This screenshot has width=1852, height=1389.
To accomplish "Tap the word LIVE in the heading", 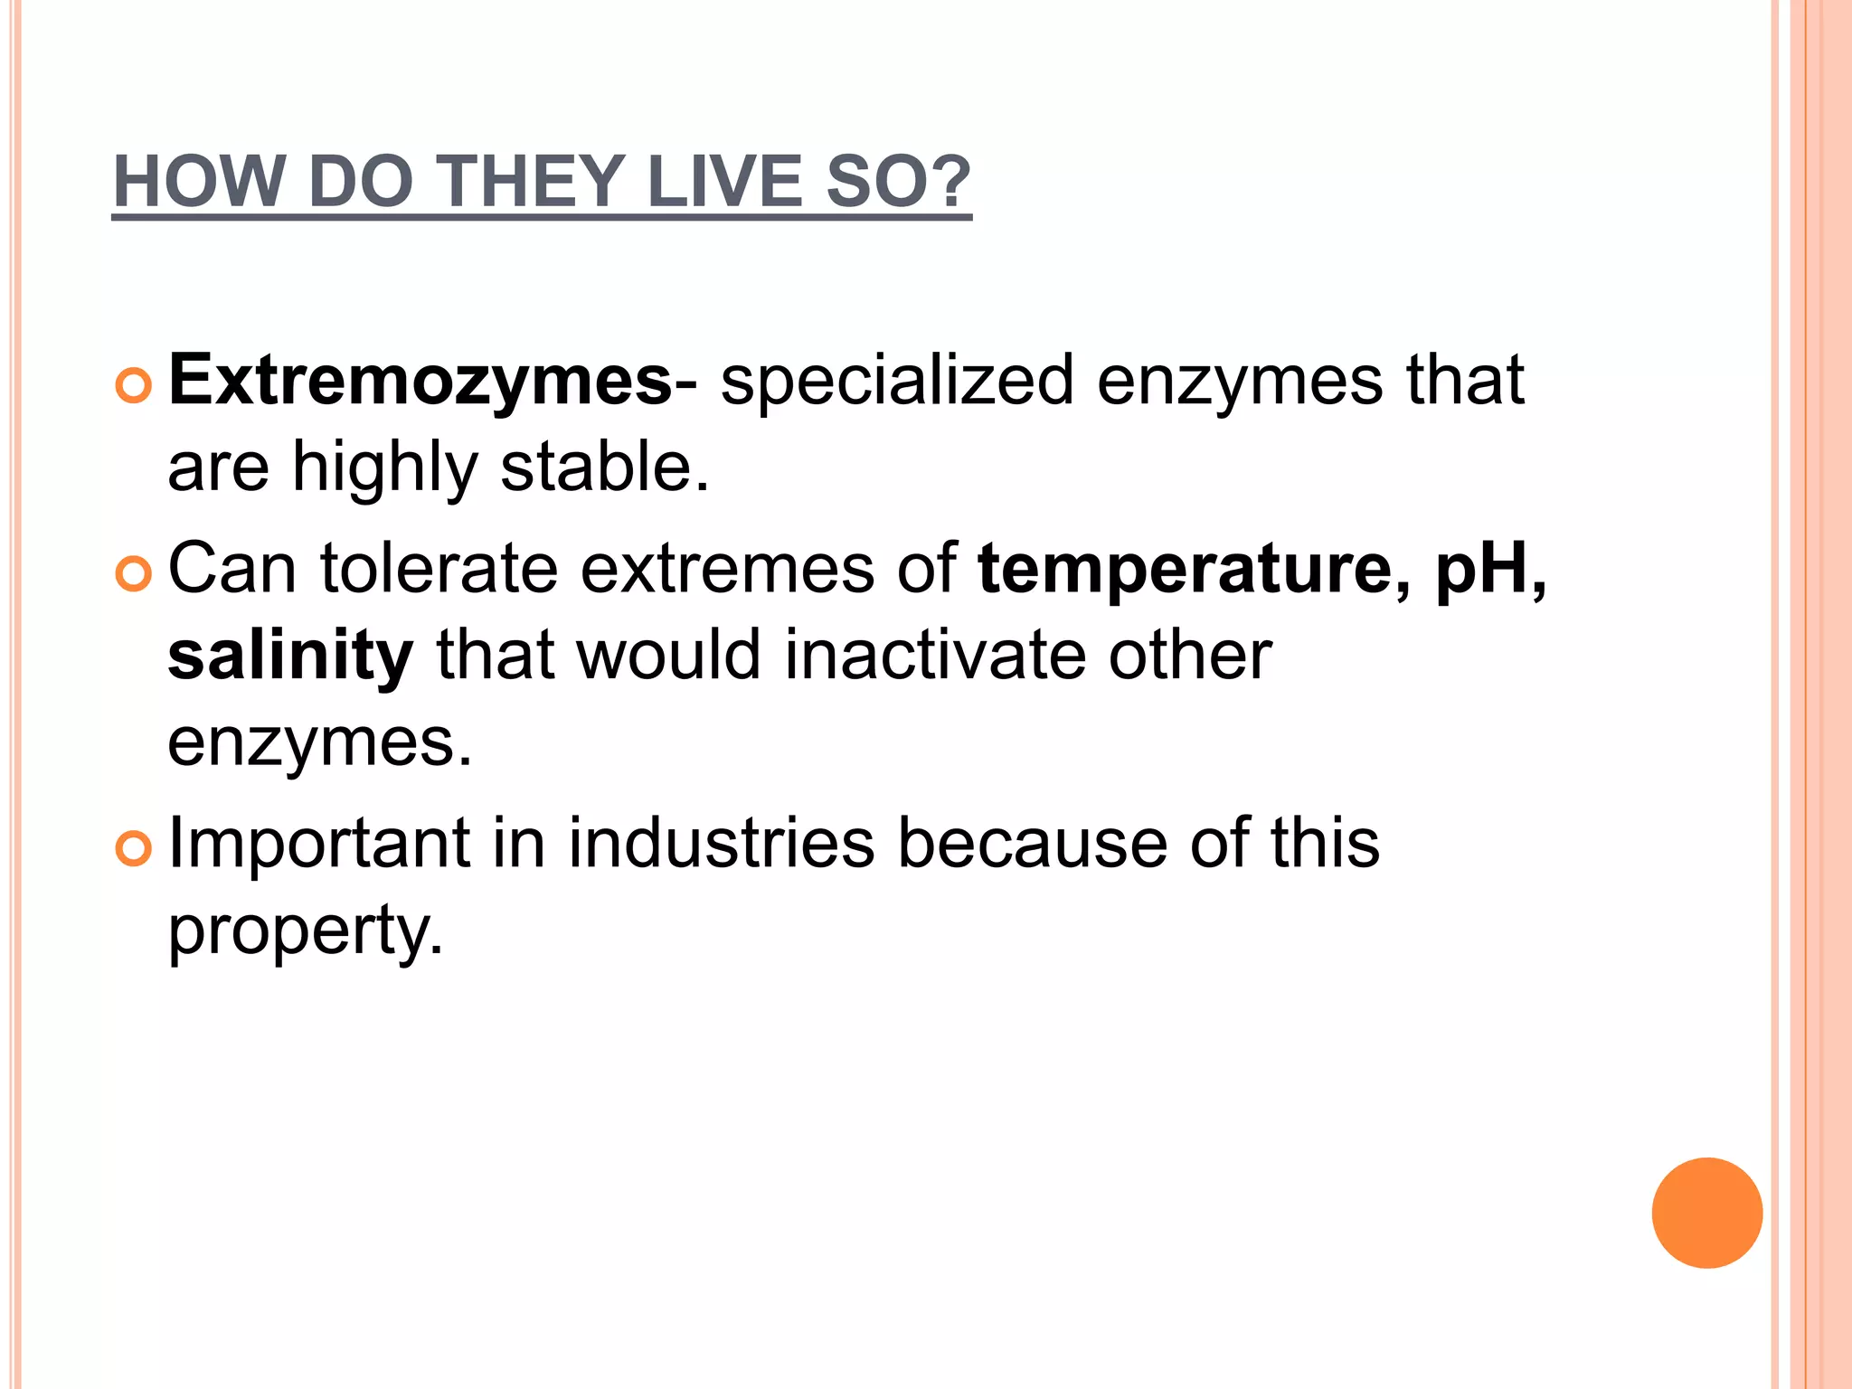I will [x=724, y=182].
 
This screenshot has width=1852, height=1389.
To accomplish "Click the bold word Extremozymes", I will [x=420, y=381].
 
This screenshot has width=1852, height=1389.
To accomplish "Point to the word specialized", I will [x=896, y=381].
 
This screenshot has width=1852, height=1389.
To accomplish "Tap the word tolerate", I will [x=439, y=569].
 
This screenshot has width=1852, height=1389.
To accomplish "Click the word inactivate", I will [x=935, y=656].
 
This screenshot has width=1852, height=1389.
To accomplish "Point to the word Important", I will [x=319, y=844].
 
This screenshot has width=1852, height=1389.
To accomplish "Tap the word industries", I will [x=721, y=844].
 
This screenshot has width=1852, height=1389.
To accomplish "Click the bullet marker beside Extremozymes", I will [x=134, y=386].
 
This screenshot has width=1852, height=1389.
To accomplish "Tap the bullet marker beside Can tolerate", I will [x=134, y=574].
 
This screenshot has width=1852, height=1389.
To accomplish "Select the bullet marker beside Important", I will [x=134, y=849].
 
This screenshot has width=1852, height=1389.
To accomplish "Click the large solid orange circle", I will [x=1706, y=1213].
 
